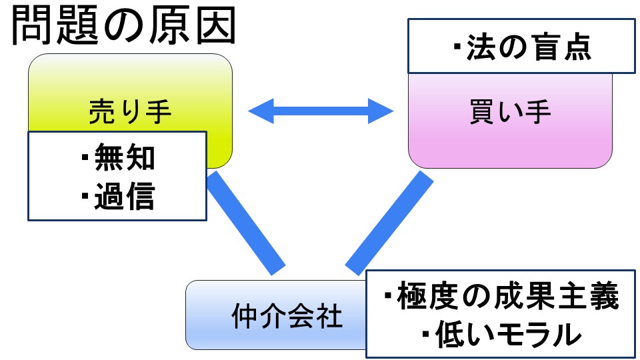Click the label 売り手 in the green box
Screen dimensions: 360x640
(130, 112)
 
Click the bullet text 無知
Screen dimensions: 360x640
(125, 159)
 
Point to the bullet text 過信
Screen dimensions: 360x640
(125, 197)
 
